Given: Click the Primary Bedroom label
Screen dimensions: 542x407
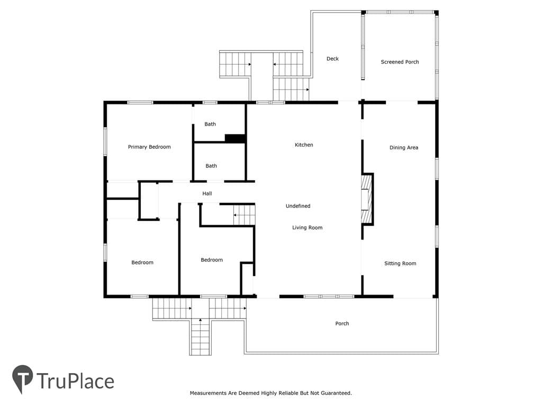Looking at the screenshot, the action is point(149,147).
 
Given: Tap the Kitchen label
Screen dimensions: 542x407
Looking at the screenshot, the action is point(304,145).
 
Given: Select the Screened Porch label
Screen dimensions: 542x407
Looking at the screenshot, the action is point(400,62).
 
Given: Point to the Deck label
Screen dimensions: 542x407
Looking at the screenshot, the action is point(332,59).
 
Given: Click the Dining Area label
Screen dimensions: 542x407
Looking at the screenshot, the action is point(404,147).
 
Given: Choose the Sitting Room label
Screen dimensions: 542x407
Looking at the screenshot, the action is point(400,263).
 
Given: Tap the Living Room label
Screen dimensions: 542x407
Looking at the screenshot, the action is point(308,227).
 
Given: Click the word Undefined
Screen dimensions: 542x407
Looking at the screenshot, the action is point(298,206).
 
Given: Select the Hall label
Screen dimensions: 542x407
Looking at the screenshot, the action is point(207,193).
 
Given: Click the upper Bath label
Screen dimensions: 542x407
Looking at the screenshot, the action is point(210,124).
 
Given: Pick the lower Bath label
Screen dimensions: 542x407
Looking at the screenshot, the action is point(211,166).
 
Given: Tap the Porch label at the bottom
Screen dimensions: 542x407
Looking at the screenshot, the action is point(342,324).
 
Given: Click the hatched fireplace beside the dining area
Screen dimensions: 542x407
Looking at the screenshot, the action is point(366,199).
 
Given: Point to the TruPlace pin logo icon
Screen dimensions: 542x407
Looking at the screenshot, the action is point(22,379).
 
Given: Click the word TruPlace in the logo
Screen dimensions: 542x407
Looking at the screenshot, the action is point(75,381).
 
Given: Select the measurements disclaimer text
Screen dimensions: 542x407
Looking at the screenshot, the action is point(270,393).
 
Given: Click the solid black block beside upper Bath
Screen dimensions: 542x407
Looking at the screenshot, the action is point(235,138).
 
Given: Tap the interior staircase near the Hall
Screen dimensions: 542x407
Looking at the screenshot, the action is point(244,215).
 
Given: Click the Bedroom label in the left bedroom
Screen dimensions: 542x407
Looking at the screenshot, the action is point(142,262).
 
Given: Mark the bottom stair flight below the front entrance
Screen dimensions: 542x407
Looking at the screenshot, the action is point(200,338).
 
